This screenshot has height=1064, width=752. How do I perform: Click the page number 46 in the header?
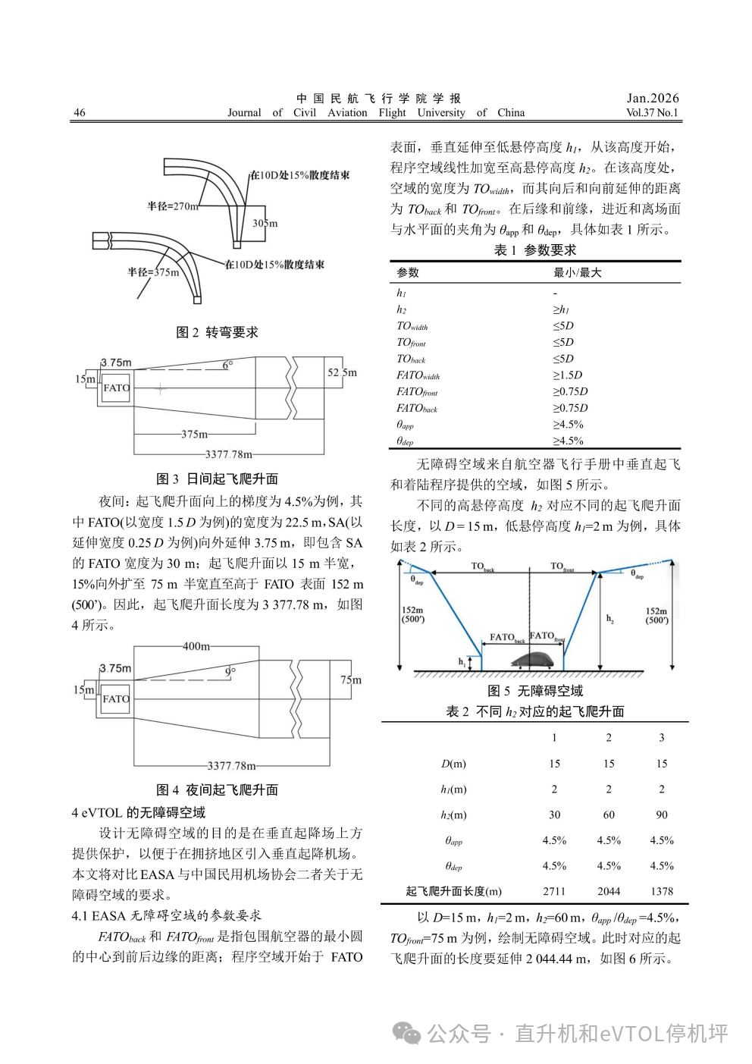tap(80, 113)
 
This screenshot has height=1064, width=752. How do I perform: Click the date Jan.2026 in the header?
tap(652, 98)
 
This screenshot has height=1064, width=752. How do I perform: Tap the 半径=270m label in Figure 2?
tap(172, 206)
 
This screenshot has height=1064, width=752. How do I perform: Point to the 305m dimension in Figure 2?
tap(265, 223)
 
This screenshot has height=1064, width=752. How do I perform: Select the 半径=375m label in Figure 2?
tap(153, 272)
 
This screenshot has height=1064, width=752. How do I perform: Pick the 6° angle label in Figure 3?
tap(227, 365)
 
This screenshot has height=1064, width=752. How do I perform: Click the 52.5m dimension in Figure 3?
tap(342, 372)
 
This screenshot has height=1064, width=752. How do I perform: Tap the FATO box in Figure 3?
tap(116, 388)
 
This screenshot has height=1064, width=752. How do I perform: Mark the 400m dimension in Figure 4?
tap(196, 646)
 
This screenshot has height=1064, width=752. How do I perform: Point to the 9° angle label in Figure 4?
tap(230, 672)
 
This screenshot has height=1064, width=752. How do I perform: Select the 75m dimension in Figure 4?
tap(351, 680)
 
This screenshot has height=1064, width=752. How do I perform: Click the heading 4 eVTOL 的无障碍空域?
tap(138, 812)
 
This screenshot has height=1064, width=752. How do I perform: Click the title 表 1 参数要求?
tap(534, 250)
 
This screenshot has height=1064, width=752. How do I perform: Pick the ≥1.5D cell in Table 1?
tap(567, 375)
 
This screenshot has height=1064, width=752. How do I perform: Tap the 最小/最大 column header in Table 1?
tap(577, 272)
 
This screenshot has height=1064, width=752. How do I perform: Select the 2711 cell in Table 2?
tap(554, 891)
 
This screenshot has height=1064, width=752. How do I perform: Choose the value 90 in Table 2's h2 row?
tap(661, 814)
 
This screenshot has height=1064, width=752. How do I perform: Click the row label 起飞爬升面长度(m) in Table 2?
tap(453, 891)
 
